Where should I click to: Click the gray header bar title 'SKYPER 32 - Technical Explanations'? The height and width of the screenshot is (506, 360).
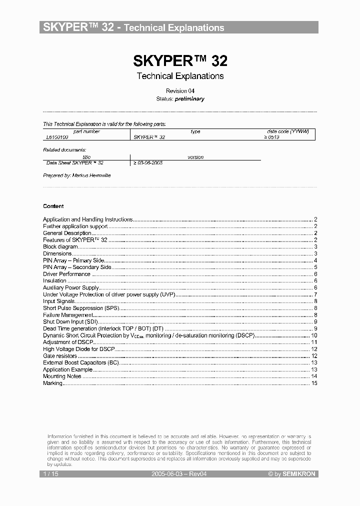133,27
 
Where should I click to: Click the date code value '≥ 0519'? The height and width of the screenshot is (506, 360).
271,136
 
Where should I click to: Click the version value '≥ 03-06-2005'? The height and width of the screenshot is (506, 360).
147,162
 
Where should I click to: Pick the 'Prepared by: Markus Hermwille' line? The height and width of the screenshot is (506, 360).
77,175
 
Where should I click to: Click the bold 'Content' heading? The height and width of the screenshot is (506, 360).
53,206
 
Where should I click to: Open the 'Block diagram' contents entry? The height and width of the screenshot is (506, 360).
60,246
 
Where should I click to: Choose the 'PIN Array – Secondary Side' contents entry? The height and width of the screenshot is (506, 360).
77,267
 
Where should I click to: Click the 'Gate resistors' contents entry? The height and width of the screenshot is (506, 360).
60,356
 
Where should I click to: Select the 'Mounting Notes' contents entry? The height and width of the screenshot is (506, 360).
62,376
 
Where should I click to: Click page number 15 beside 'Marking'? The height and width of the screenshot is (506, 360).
314,383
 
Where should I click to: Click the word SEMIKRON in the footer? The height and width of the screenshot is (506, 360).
299,473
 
